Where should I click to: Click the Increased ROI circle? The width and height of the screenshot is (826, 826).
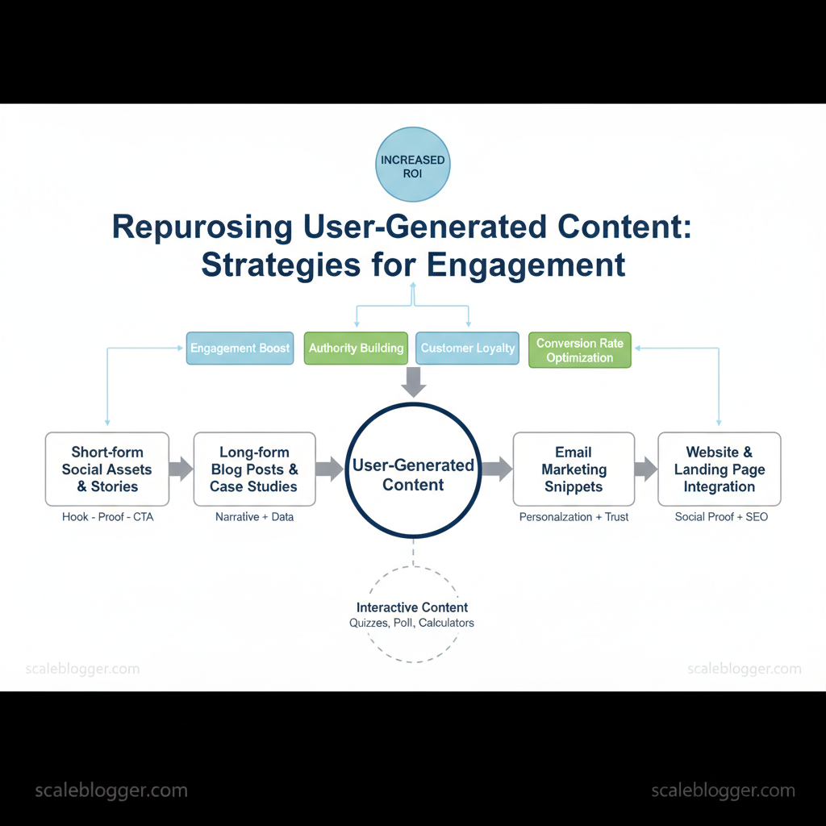coord(412,165)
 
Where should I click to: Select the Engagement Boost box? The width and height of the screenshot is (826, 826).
coord(240,348)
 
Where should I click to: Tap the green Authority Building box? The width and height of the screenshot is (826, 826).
coord(356,348)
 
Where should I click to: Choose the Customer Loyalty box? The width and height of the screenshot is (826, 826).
coord(467,348)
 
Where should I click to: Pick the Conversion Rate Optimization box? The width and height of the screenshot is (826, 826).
coord(579,350)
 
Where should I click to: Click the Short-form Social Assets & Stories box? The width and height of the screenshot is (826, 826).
coord(107,469)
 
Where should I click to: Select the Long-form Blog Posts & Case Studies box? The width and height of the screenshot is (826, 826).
coord(254,469)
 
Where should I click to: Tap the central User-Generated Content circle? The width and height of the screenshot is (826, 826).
coord(413,470)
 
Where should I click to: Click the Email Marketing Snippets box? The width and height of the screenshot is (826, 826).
coord(574,469)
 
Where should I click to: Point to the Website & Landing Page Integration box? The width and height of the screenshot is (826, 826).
coord(719,469)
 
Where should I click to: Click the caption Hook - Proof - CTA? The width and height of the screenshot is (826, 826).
coord(107,517)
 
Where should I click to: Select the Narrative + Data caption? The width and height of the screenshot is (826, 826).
coord(254,517)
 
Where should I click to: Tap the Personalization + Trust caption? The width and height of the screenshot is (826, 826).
coord(574,517)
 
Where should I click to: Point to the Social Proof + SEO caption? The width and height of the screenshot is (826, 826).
coord(721,517)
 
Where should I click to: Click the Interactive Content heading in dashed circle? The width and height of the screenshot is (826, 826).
coord(412,607)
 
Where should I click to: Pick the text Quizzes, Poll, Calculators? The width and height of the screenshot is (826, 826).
coord(411,624)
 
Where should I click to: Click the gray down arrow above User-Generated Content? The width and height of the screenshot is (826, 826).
coord(414,382)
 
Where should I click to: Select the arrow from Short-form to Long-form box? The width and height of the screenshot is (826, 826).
coord(181,469)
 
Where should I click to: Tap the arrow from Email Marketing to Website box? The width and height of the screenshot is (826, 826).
coord(646,469)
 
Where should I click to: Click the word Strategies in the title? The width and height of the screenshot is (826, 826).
coord(281,265)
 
